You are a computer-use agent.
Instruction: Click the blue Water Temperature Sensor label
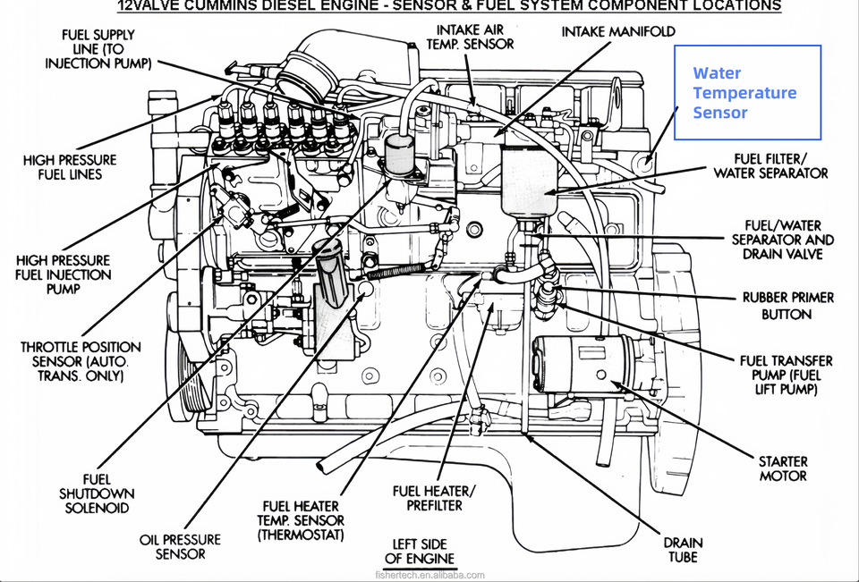(744, 92)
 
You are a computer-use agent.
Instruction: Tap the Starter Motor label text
(783, 468)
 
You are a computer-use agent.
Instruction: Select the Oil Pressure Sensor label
(180, 547)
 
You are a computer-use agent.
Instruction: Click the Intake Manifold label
(618, 32)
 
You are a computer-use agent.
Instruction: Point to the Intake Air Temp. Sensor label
(470, 37)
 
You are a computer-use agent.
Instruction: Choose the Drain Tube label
(683, 550)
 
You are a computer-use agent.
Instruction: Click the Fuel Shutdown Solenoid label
(97, 493)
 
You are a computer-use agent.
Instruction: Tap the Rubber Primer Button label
(787, 306)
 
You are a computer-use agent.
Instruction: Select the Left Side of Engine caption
(420, 552)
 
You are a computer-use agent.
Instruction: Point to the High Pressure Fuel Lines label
(70, 167)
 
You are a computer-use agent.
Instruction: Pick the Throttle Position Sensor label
(81, 361)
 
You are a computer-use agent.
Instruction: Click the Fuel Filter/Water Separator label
(770, 166)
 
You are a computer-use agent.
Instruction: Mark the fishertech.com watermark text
(430, 575)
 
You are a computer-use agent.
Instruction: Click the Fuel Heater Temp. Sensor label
(301, 520)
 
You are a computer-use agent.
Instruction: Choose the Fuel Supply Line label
(98, 49)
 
